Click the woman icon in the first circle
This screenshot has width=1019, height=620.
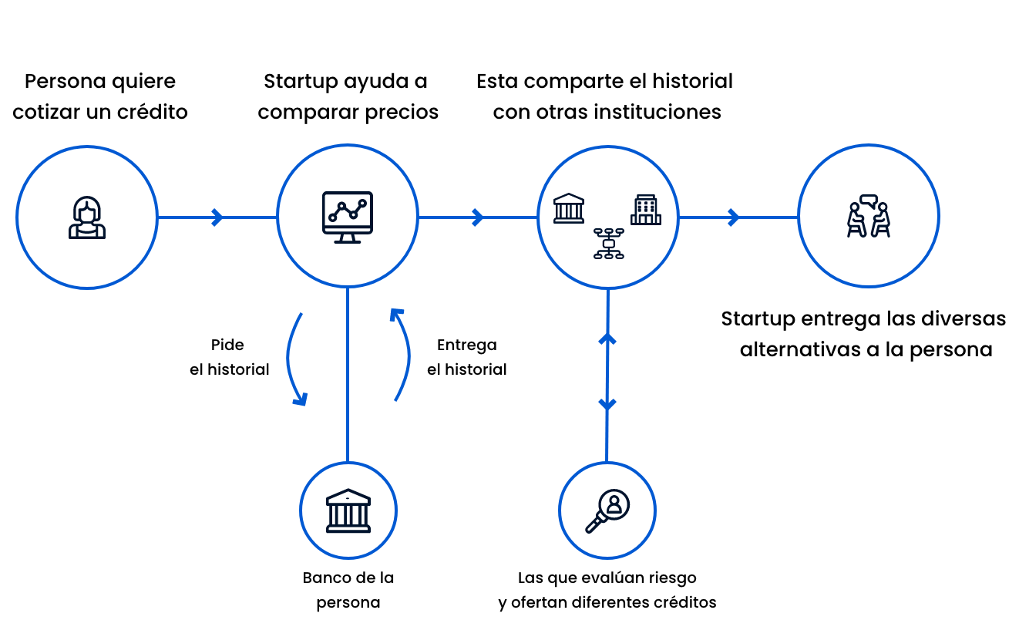(x=87, y=217)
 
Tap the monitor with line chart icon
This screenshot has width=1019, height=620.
(x=348, y=216)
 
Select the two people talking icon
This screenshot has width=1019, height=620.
(x=869, y=217)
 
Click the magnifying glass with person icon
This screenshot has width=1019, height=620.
(x=608, y=510)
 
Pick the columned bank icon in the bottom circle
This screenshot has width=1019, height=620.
(x=348, y=510)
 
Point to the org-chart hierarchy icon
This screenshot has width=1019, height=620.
(x=608, y=243)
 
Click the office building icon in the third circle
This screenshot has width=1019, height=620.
(x=646, y=210)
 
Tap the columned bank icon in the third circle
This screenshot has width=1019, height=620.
(x=569, y=208)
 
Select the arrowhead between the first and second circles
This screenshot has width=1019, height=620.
(x=217, y=217)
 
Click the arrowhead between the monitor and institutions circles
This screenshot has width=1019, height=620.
(x=478, y=217)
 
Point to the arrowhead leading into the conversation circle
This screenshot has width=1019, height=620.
(x=734, y=217)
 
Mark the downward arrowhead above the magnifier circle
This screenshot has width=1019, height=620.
(x=607, y=405)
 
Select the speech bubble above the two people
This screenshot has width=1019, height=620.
(x=869, y=200)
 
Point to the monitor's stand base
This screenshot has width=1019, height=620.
(x=348, y=241)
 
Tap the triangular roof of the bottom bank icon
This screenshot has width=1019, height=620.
(x=348, y=495)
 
